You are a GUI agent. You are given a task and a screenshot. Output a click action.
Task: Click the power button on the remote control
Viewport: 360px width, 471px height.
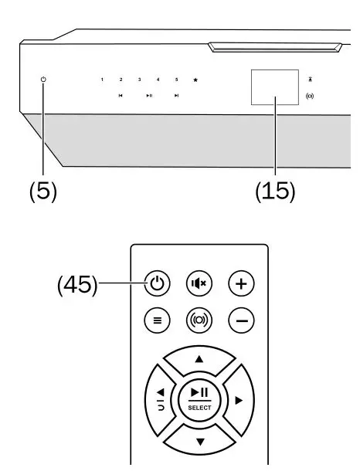tap(158, 284)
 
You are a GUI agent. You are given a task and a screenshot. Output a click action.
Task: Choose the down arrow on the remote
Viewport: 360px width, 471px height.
tap(199, 440)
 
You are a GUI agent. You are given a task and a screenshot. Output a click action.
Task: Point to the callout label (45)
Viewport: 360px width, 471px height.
tap(78, 285)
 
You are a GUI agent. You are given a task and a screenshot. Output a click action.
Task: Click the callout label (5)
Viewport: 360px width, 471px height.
tap(43, 191)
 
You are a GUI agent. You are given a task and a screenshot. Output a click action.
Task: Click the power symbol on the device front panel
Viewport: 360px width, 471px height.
tap(43, 80)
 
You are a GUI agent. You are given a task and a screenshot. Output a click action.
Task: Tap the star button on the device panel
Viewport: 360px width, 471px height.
tap(195, 80)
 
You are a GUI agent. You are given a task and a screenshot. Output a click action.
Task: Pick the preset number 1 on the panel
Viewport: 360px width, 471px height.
tap(102, 80)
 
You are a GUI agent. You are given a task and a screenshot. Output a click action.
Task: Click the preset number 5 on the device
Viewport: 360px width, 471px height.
tap(176, 80)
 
